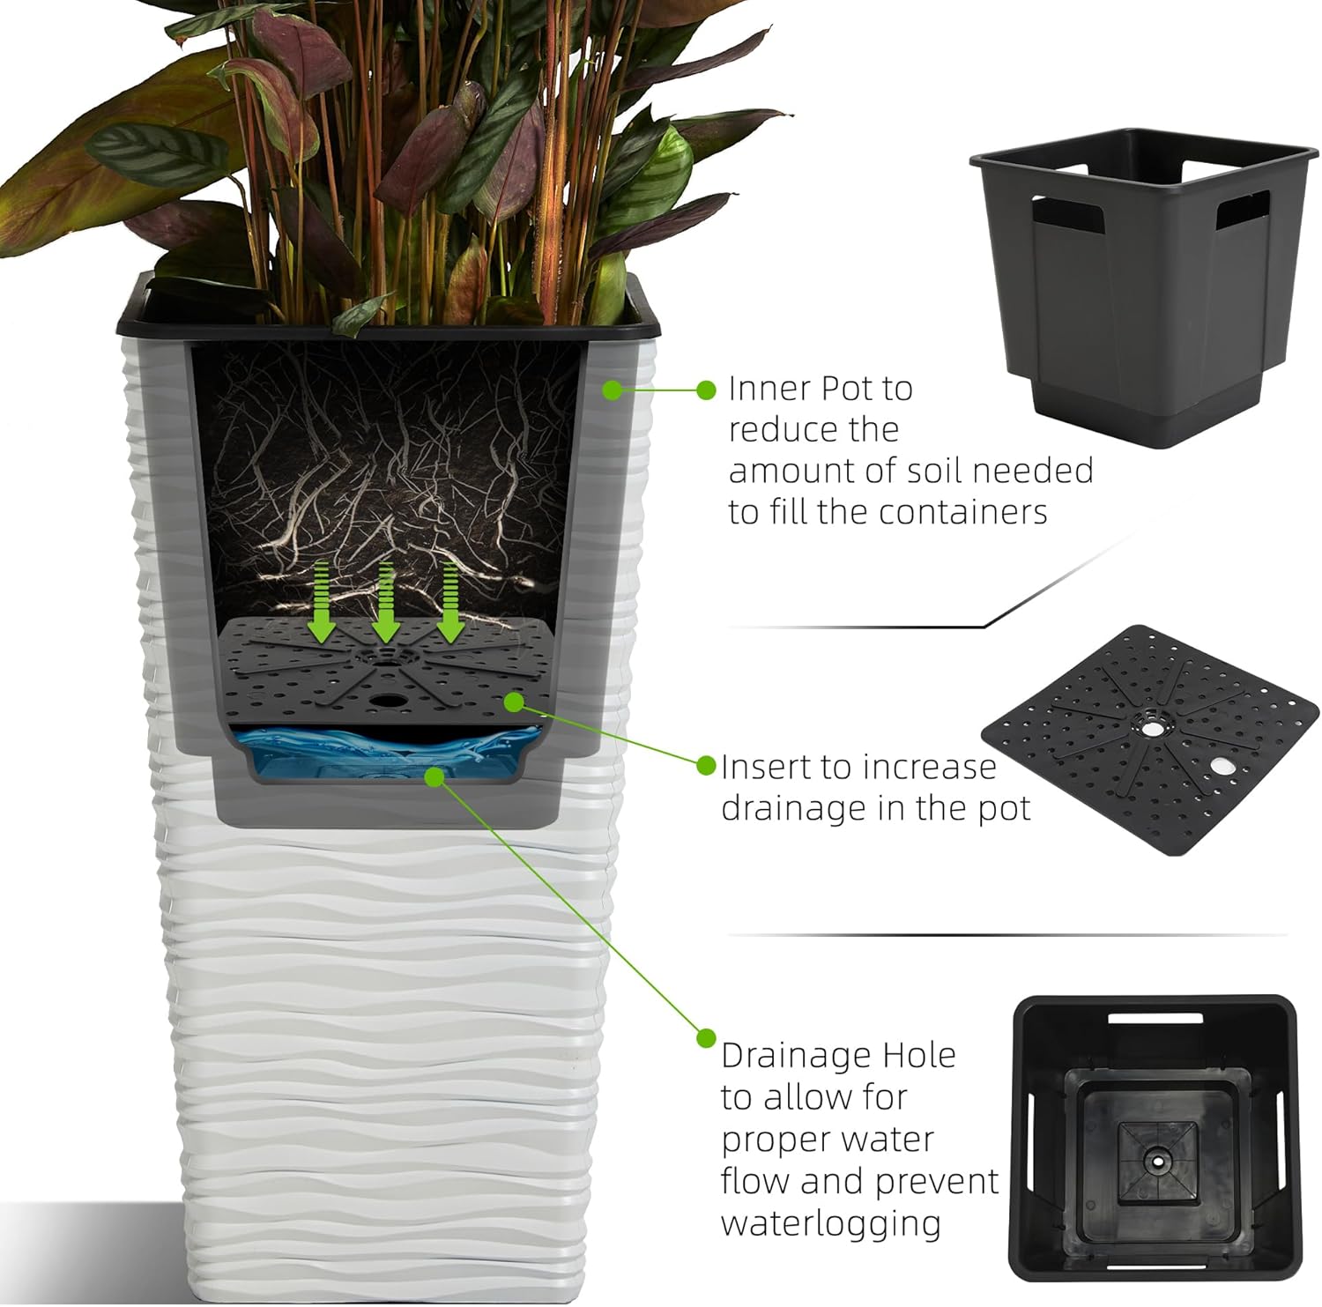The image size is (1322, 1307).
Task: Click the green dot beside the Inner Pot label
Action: coord(706,390)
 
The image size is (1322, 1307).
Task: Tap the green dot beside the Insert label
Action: coord(706,765)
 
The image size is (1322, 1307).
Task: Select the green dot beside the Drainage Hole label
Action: coord(706,1038)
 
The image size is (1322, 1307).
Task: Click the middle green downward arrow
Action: coord(385,603)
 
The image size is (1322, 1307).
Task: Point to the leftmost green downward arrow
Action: coord(322,603)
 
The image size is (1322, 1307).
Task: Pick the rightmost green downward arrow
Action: coord(450,603)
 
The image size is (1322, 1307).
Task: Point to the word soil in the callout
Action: coord(932,471)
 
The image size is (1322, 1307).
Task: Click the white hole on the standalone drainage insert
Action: coord(1222,766)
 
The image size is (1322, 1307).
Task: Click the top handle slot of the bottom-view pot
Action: coord(1155,1018)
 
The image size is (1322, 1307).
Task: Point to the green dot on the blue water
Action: coord(433,776)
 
